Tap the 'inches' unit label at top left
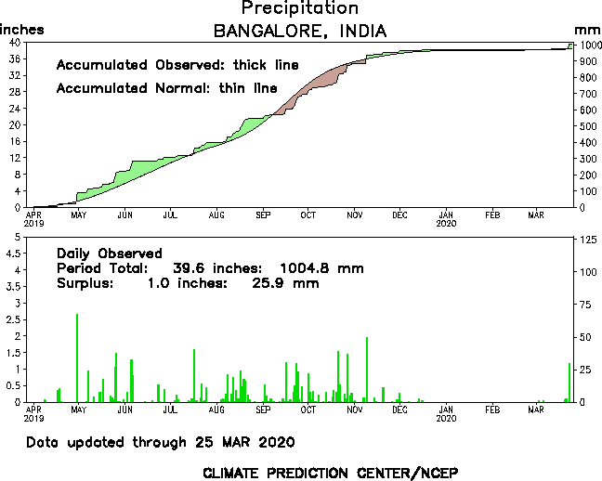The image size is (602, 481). coord(21,30)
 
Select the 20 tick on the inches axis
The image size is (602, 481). coord(16,124)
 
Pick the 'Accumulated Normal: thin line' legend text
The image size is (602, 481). coord(166,88)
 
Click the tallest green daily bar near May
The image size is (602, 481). coord(77,357)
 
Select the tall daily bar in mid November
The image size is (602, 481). coord(367,370)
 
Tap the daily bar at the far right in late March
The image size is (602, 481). coord(569,382)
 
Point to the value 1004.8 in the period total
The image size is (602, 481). coord(309,268)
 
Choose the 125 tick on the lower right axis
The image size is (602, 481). coord(586,240)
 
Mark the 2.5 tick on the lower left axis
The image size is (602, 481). coord(13,320)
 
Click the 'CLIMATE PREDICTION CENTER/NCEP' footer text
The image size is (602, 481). coord(330,472)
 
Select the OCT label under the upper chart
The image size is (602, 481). coord(308,215)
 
